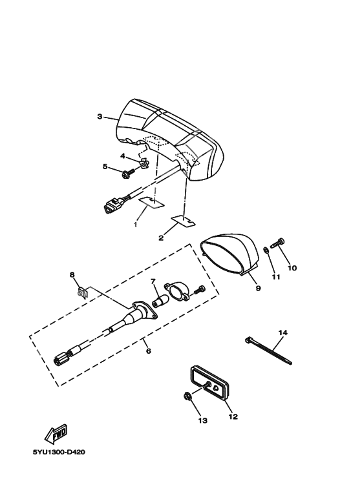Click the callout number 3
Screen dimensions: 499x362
click(100, 117)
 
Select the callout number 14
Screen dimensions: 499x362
click(282, 332)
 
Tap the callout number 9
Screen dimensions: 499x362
click(257, 289)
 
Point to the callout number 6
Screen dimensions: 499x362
click(148, 351)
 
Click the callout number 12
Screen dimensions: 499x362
click(233, 416)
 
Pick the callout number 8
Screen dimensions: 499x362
click(72, 275)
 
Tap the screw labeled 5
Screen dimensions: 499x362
click(127, 172)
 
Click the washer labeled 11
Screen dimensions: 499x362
click(266, 250)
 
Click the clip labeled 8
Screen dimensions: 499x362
click(82, 292)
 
